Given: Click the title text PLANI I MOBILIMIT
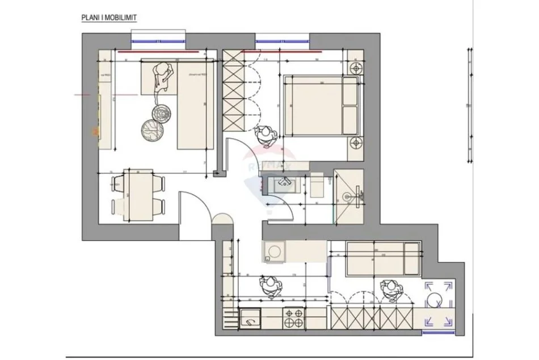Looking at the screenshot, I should pos(109,18).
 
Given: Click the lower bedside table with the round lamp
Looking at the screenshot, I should pos(355,143).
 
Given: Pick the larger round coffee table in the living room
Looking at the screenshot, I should pos(152,129).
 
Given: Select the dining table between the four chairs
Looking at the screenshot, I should pos(138,193).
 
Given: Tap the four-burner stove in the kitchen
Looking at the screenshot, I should pos(293,319).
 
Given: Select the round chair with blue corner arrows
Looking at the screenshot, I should pos(438,303).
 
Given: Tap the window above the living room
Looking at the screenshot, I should pos(158,41).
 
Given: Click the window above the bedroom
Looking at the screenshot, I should pos(282,41).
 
